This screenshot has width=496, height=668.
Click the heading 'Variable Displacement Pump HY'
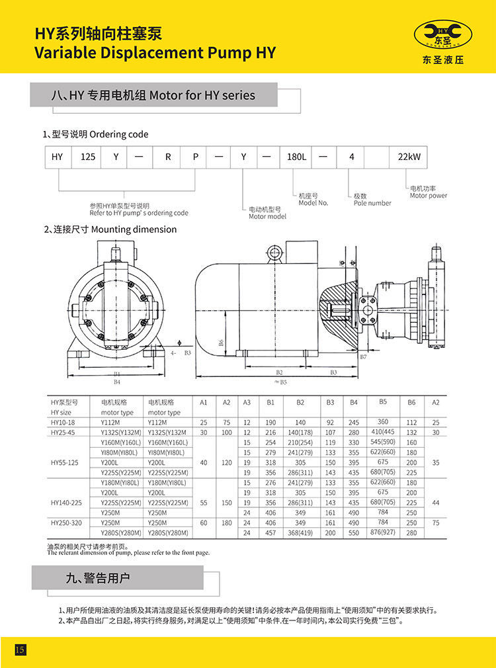coord(155,53)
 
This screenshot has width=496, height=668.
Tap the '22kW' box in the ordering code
coord(409,157)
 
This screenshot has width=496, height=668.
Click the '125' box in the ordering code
coord(88,157)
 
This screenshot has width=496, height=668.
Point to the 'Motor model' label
coord(267,216)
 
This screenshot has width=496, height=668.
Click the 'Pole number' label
coord(372,203)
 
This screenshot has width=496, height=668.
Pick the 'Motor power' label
coord(428,195)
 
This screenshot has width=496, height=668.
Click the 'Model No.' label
coord(313,203)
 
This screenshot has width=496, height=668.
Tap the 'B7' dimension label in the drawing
coord(363,356)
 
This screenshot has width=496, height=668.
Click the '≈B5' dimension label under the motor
coord(280,382)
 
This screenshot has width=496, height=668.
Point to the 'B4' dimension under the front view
coord(117,382)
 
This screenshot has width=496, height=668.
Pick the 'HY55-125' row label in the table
coord(64,462)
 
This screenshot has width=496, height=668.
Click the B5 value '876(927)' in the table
coord(383,532)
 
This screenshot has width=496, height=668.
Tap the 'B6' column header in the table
coord(411,402)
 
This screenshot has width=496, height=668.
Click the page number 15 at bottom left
coord(20,649)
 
